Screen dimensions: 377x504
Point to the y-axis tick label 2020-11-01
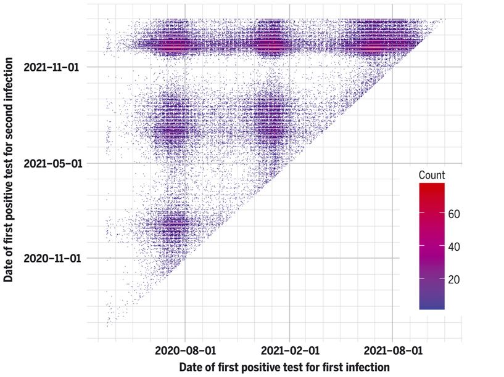[x=52, y=258]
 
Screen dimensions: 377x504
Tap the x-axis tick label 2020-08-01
[x=184, y=351]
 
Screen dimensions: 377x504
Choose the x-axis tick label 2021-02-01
[x=290, y=351]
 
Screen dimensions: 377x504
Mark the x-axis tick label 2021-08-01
[x=392, y=351]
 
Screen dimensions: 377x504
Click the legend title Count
[x=432, y=175]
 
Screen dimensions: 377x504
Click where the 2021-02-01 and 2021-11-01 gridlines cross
[x=290, y=67]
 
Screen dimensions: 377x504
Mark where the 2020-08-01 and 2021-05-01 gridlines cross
[x=184, y=163]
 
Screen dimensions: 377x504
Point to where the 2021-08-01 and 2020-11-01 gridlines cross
[x=392, y=258]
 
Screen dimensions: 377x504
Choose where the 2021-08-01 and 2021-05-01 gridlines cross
[x=392, y=163]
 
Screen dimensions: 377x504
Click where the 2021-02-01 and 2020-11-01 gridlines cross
[x=290, y=258]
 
